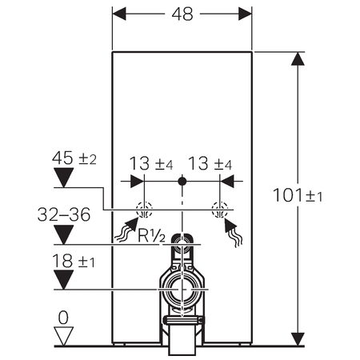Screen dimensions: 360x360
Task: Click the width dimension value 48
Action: coord(182,14)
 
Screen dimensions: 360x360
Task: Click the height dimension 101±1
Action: coord(298,195)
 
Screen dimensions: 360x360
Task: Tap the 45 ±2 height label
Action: coord(74,158)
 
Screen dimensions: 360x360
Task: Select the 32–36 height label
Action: coord(64,214)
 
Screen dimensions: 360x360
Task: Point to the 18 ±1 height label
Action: coord(74,261)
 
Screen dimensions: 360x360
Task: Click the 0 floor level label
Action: coord(63,318)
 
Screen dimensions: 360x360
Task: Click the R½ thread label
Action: coord(151,236)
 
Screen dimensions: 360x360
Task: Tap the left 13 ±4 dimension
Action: coord(151,163)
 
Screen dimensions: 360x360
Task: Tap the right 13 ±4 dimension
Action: coord(210,163)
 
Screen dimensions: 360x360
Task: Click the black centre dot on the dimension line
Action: coord(182,182)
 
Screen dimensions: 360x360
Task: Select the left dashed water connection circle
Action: coord(144,210)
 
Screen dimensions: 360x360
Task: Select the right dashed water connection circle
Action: coord(220,210)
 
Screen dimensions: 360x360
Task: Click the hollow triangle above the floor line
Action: coord(63,336)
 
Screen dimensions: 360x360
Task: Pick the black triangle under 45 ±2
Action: coord(64,178)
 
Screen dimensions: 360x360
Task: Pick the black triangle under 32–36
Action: coord(64,234)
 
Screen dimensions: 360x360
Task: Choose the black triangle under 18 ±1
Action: coord(64,280)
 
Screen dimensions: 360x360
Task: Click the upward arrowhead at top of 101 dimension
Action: coord(298,58)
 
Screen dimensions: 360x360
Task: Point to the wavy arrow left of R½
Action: coord(127,230)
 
